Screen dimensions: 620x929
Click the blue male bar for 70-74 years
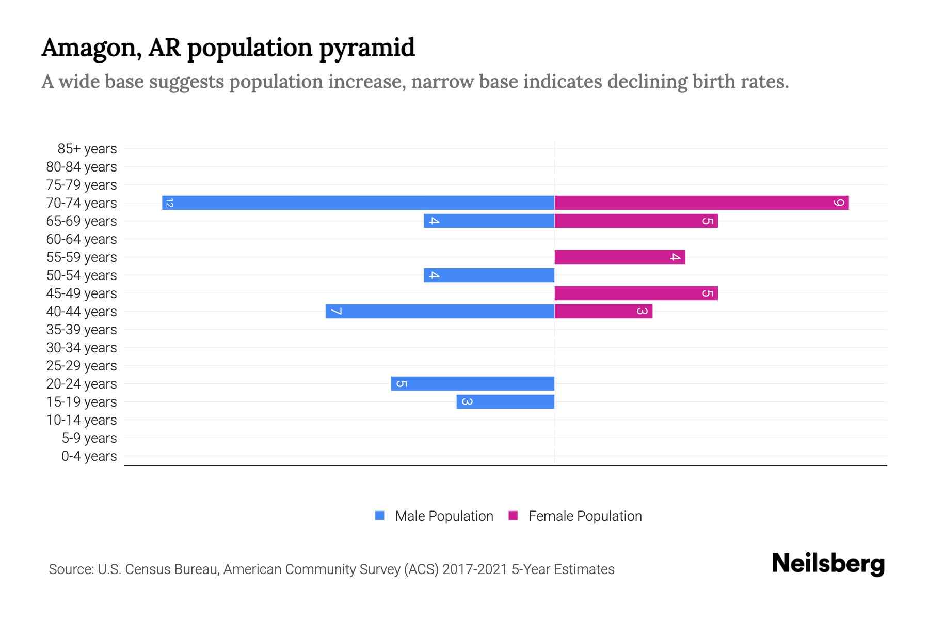pyautogui.click(x=358, y=203)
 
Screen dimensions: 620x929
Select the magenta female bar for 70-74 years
pyautogui.click(x=701, y=203)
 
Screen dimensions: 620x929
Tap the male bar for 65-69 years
pyautogui.click(x=489, y=221)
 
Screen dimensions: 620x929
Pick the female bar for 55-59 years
pyautogui.click(x=620, y=257)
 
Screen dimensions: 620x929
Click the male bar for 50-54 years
pyautogui.click(x=489, y=275)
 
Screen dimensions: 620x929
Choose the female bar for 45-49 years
pyautogui.click(x=636, y=293)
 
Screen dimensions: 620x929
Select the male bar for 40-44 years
pyautogui.click(x=440, y=312)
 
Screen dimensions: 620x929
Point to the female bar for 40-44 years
pyautogui.click(x=603, y=312)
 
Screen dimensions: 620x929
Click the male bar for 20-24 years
pyautogui.click(x=472, y=384)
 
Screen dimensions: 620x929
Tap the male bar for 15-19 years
pyautogui.click(x=505, y=402)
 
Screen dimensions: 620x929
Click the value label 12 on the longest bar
pyautogui.click(x=169, y=203)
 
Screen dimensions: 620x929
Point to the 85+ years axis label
pyautogui.click(x=87, y=149)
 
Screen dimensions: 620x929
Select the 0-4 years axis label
pyautogui.click(x=89, y=456)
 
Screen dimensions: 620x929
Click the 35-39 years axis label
pyautogui.click(x=82, y=330)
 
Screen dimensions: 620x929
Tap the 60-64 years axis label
pyautogui.click(x=82, y=239)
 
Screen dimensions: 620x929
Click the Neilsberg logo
pyautogui.click(x=828, y=564)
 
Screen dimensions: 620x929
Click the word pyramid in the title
pyautogui.click(x=366, y=48)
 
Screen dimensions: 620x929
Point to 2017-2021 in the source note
pyautogui.click(x=475, y=569)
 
